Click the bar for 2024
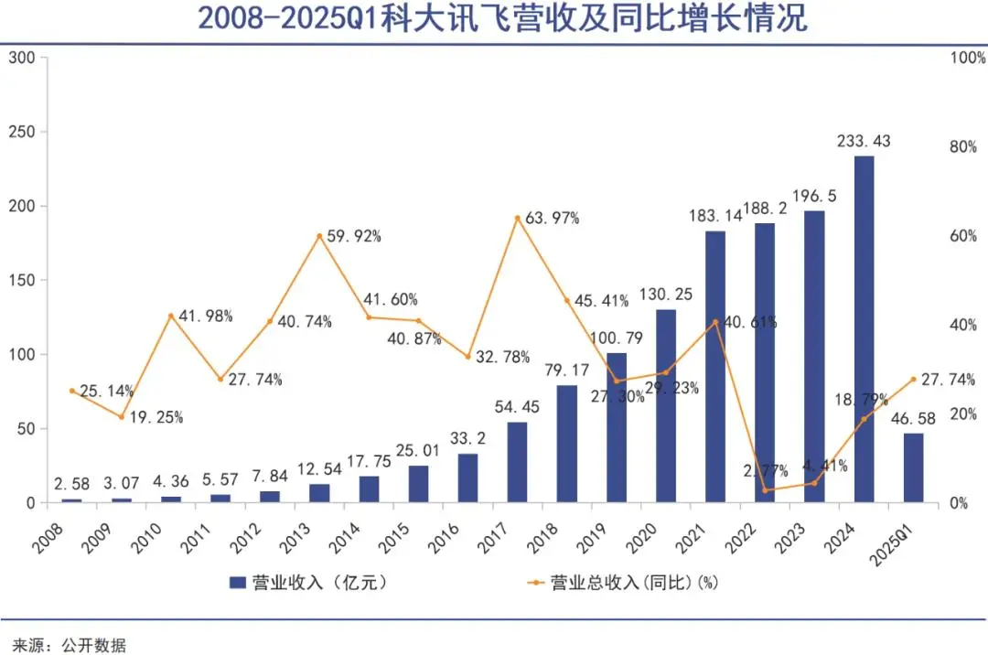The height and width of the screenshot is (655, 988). point(864,329)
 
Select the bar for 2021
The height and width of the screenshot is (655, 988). point(715,366)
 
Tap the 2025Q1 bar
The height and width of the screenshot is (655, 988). point(913,467)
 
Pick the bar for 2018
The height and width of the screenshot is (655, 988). point(567,444)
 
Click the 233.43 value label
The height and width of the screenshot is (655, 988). point(863,142)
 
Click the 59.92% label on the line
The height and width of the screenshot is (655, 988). point(355,236)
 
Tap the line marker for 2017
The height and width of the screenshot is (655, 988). point(517,218)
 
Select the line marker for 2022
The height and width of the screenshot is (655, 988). point(765,490)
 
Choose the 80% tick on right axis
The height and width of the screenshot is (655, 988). point(963,146)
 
